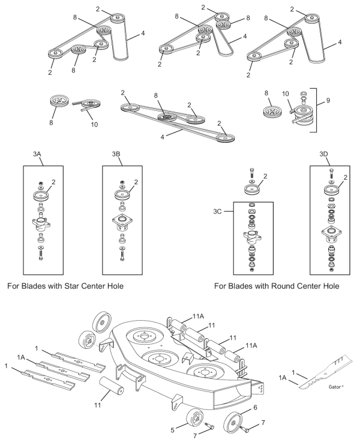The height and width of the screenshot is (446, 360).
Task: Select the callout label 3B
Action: click(117, 154)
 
